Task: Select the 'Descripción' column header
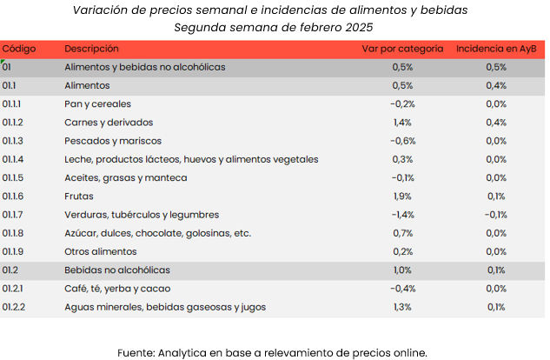(x=91, y=49)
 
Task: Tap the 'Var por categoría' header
(x=402, y=49)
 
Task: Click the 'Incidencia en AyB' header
(x=495, y=49)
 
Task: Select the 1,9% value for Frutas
(x=402, y=197)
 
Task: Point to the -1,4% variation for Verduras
(x=402, y=215)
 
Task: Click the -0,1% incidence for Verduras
(x=495, y=215)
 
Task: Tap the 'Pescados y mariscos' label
(x=113, y=141)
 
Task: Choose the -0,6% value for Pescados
(x=402, y=141)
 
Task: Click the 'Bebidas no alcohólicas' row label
(x=117, y=270)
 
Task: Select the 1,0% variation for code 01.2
(x=402, y=270)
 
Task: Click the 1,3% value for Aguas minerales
(x=402, y=307)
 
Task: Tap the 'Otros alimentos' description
(x=101, y=252)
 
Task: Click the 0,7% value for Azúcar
(x=402, y=233)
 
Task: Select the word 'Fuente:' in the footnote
(x=137, y=352)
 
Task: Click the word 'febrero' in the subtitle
(x=328, y=26)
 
